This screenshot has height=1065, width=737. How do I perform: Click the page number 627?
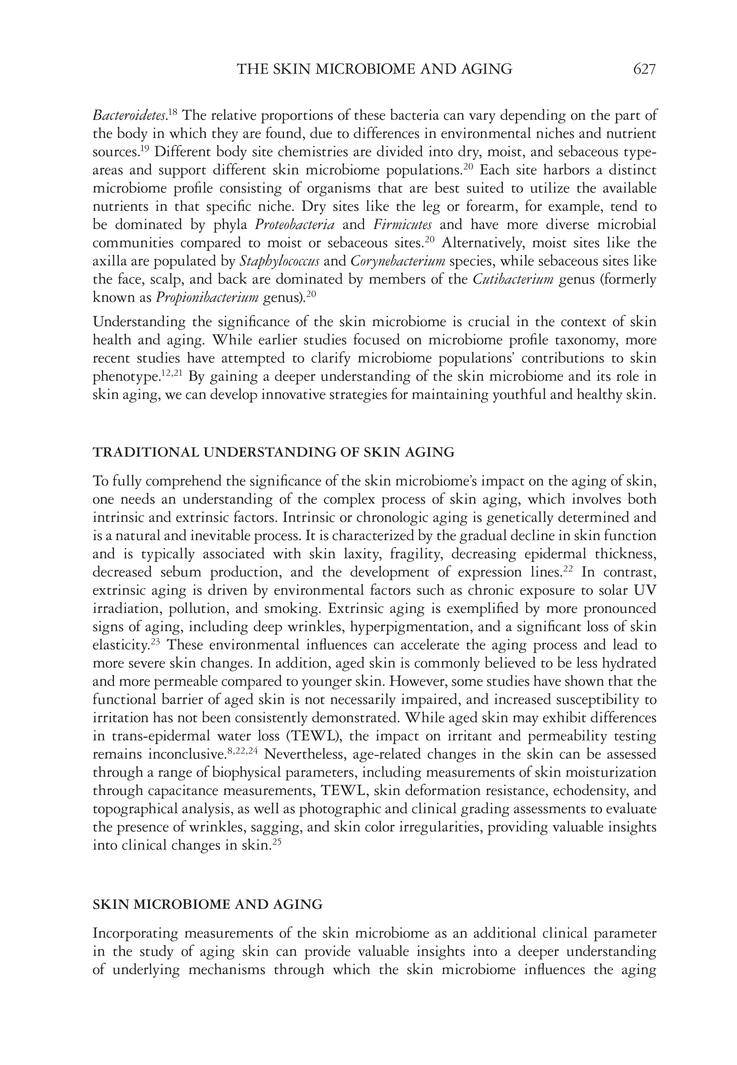[x=644, y=69]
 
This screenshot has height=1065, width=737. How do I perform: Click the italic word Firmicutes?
[x=402, y=225]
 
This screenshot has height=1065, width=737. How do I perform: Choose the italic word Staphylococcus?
[x=279, y=261]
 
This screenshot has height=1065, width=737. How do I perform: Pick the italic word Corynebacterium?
[x=398, y=261]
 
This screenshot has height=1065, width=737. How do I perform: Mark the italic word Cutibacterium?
[x=513, y=279]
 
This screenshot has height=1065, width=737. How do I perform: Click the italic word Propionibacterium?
[x=207, y=298]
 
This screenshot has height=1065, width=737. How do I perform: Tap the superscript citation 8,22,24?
[x=243, y=751]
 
